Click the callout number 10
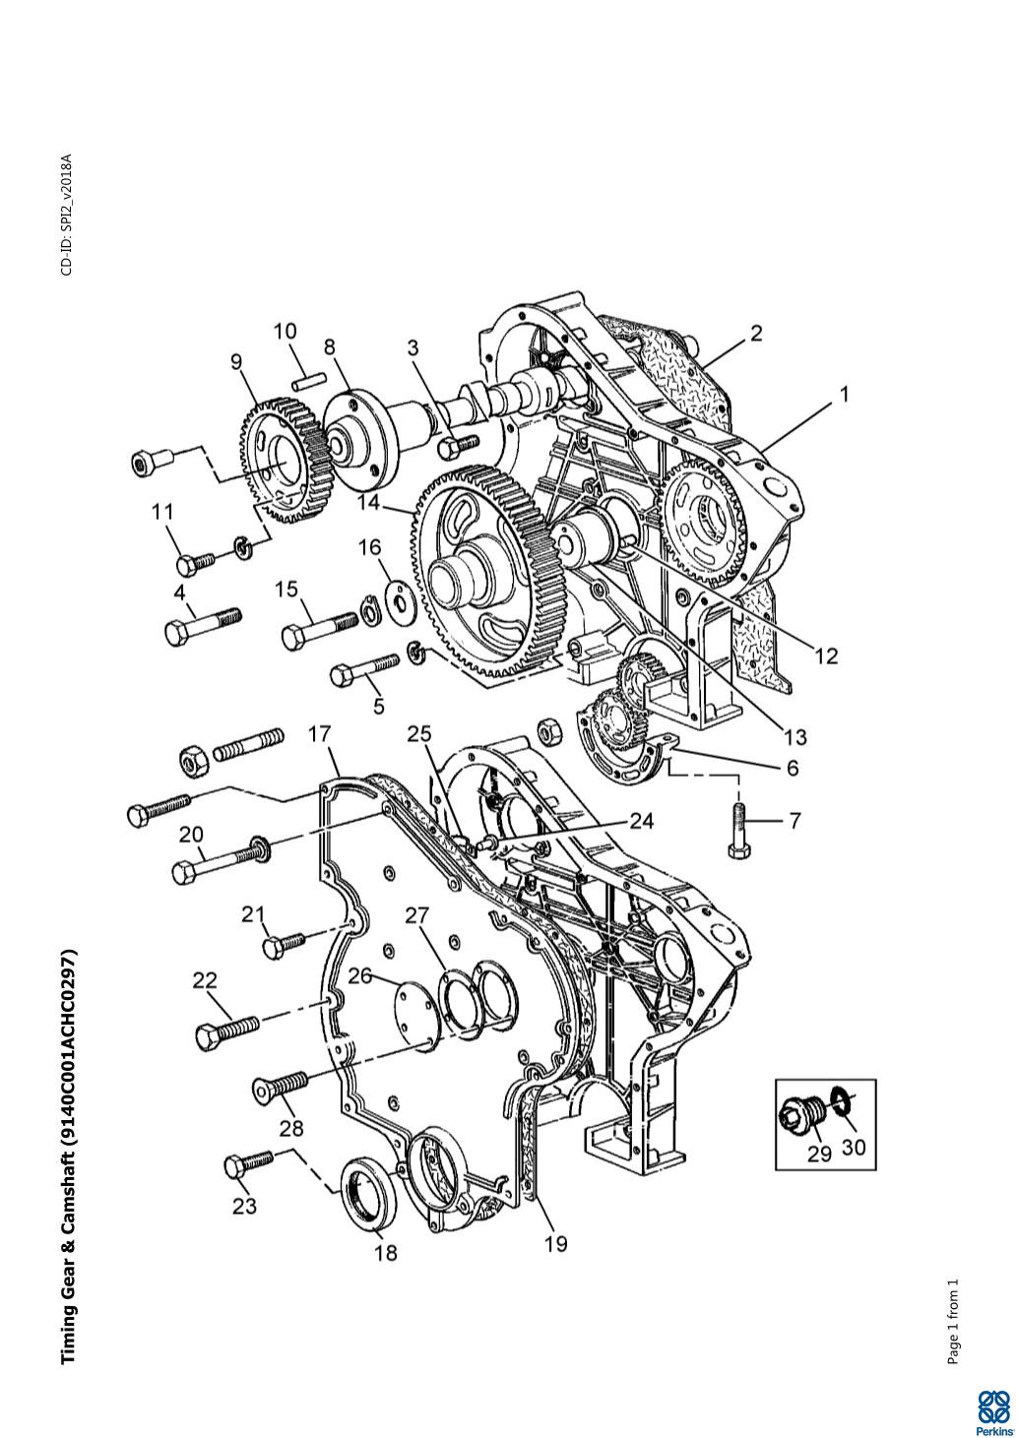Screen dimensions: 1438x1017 285,331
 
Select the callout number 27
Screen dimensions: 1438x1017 417,915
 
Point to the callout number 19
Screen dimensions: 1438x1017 555,1244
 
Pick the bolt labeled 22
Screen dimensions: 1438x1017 226,1031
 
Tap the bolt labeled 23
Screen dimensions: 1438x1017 248,1161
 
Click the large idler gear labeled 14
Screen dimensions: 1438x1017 482,576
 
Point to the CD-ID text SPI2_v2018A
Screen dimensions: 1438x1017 66,214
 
